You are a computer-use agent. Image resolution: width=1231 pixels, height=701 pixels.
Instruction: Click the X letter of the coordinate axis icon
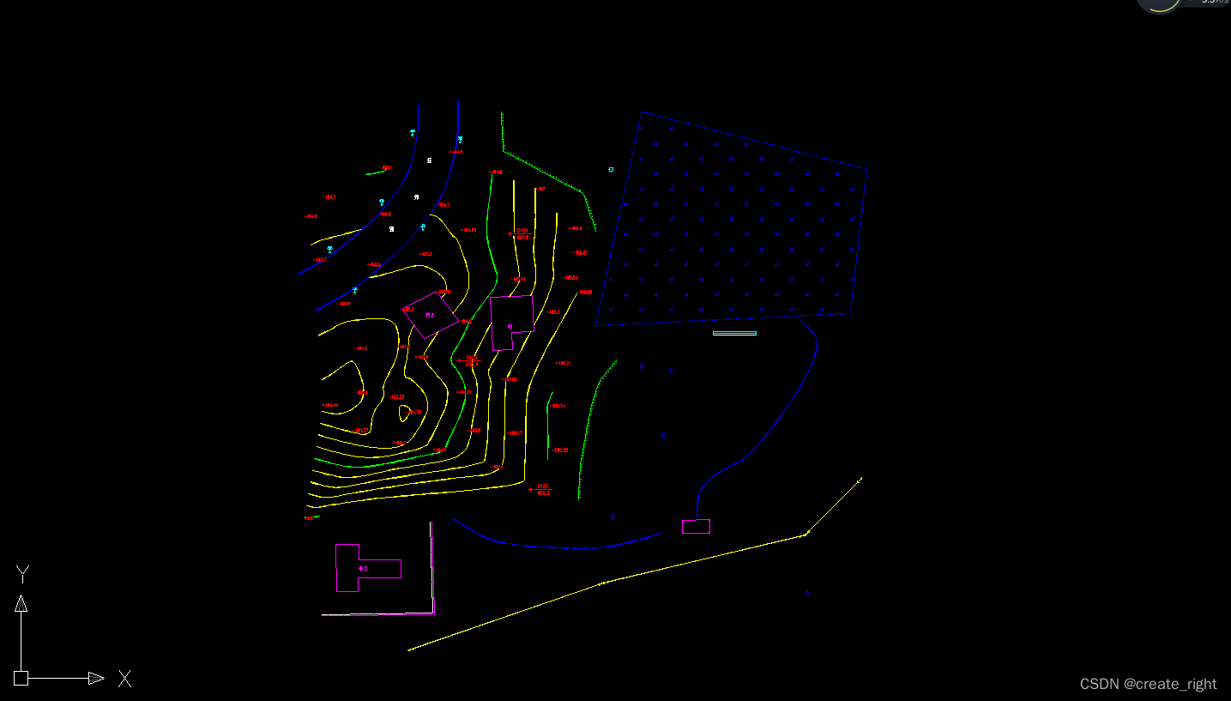125,679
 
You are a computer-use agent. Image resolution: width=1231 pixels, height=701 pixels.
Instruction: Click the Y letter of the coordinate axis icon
23,574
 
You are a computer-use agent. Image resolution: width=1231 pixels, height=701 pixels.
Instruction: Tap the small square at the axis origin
21,678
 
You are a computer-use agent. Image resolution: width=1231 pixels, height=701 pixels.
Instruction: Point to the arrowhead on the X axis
95,678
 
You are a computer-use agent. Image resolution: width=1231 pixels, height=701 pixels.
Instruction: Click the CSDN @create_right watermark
1148,684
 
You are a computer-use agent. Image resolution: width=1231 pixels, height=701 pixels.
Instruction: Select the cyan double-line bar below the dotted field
734,333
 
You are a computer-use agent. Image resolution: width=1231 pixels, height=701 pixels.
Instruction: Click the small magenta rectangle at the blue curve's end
696,527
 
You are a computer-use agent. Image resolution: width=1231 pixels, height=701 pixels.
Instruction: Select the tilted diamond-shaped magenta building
430,315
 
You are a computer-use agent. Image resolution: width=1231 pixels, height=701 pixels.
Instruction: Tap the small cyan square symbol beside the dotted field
611,170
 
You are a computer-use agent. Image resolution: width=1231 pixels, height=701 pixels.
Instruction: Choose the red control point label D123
471,360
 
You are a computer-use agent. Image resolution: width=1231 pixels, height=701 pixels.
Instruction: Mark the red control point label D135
542,488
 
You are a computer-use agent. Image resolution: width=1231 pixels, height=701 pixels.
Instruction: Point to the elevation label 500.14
558,406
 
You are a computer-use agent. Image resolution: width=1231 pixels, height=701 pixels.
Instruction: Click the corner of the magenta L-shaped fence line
433,613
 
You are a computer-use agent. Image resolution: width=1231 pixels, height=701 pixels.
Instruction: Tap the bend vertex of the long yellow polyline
806,535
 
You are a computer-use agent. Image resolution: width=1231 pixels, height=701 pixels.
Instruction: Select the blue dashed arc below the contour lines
558,542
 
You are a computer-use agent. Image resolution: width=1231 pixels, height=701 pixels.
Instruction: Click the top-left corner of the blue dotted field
642,112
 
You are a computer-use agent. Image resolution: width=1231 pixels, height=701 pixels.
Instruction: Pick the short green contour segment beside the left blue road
375,172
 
